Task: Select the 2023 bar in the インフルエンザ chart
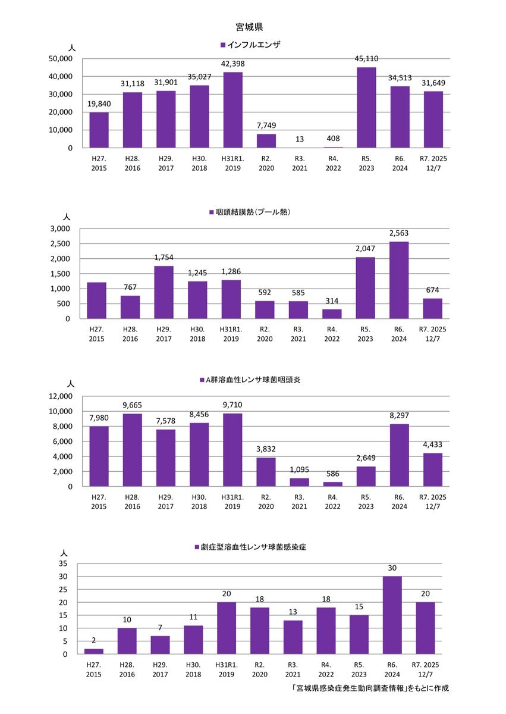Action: [366, 108]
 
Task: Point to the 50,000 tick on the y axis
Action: [61, 59]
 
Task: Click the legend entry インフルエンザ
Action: [250, 45]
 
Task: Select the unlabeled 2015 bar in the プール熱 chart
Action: [97, 300]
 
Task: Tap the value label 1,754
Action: [164, 257]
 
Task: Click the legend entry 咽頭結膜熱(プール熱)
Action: [250, 212]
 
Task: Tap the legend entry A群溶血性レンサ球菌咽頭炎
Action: [250, 379]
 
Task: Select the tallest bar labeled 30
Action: [392, 615]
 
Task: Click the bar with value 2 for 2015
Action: [93, 652]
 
